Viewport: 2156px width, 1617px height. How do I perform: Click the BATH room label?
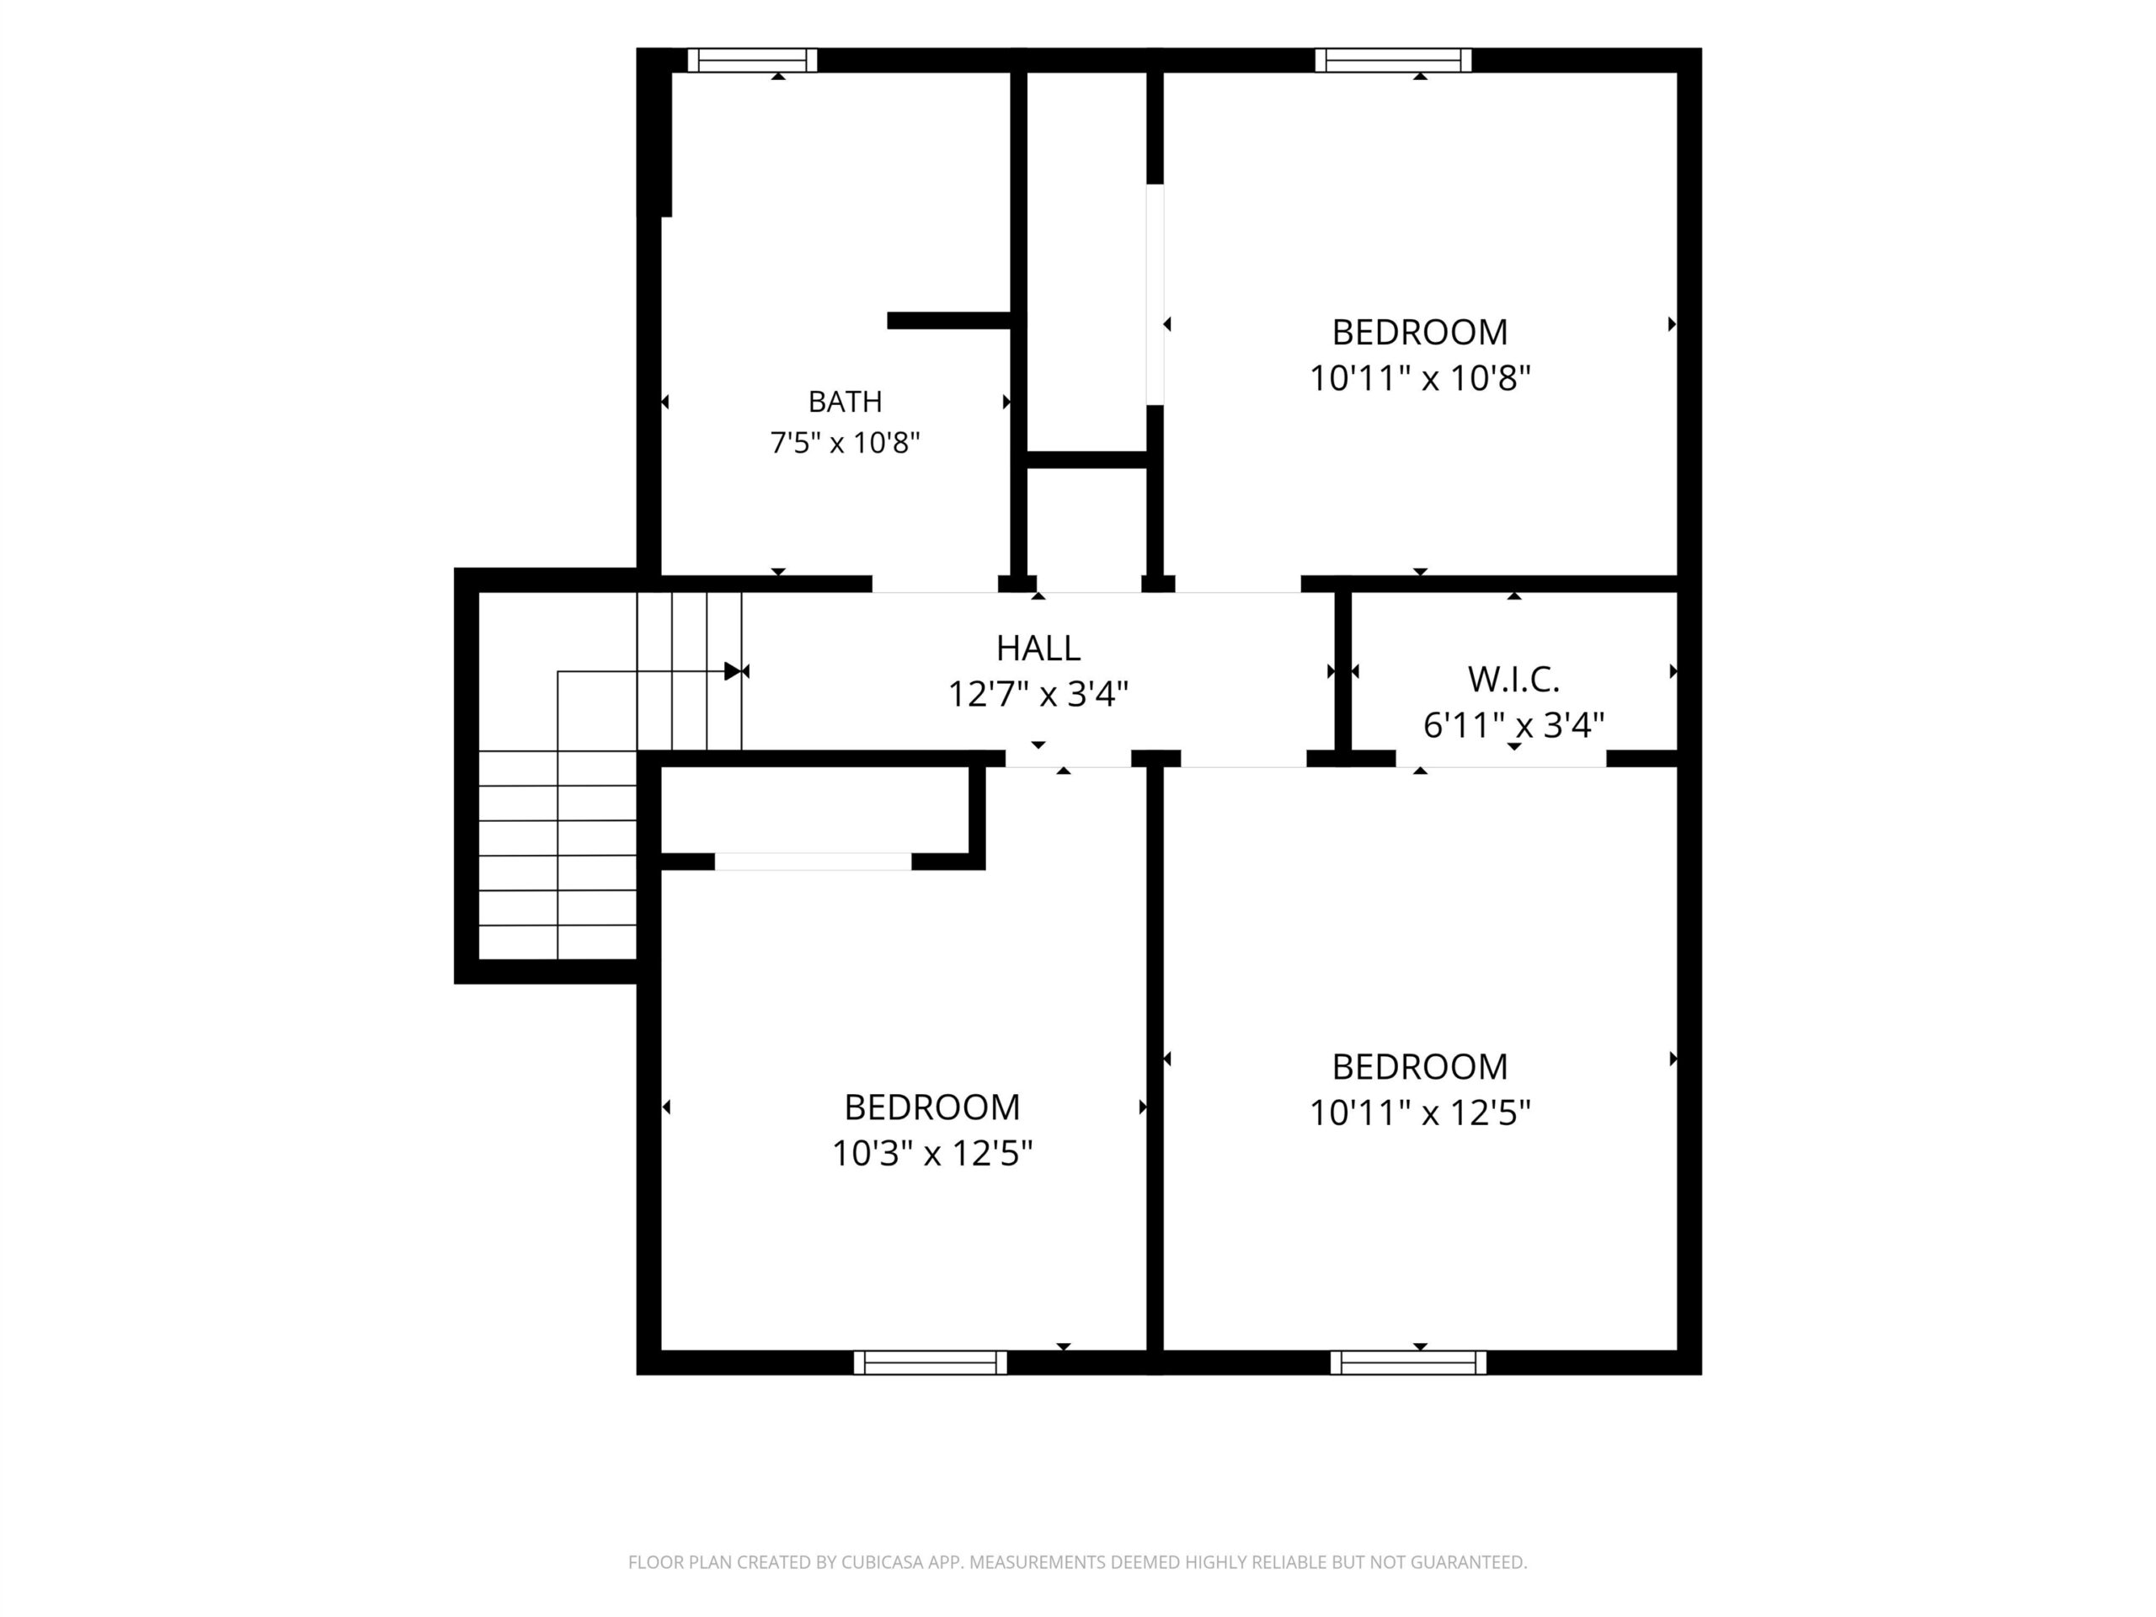(x=845, y=402)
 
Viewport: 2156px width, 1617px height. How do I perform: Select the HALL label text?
(x=1038, y=648)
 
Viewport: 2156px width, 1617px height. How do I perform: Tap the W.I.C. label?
(x=1513, y=680)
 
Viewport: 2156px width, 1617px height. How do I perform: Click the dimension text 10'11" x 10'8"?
(x=1420, y=378)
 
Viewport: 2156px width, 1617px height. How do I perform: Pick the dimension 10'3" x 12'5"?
(x=931, y=1154)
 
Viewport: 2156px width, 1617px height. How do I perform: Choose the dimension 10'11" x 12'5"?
(x=1420, y=1113)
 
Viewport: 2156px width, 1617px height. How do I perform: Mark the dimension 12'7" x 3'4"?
(x=1038, y=695)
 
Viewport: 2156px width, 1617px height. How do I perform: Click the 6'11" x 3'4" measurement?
(x=1513, y=725)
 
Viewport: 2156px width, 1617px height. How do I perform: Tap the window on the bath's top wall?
(x=752, y=61)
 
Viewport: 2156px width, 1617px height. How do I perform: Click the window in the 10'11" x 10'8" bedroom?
(x=1393, y=61)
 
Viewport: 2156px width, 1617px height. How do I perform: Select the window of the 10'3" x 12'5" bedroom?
(x=931, y=1363)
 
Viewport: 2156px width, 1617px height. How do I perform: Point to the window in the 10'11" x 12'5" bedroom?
(x=1408, y=1363)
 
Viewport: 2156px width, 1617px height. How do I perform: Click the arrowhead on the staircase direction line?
(x=733, y=671)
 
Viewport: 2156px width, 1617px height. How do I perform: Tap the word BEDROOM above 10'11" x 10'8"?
(x=1420, y=333)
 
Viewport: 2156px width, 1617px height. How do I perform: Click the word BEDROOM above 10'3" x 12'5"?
(x=931, y=1107)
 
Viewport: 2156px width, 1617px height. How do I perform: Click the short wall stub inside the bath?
(x=948, y=321)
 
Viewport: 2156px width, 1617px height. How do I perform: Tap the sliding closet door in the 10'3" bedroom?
(x=813, y=862)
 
